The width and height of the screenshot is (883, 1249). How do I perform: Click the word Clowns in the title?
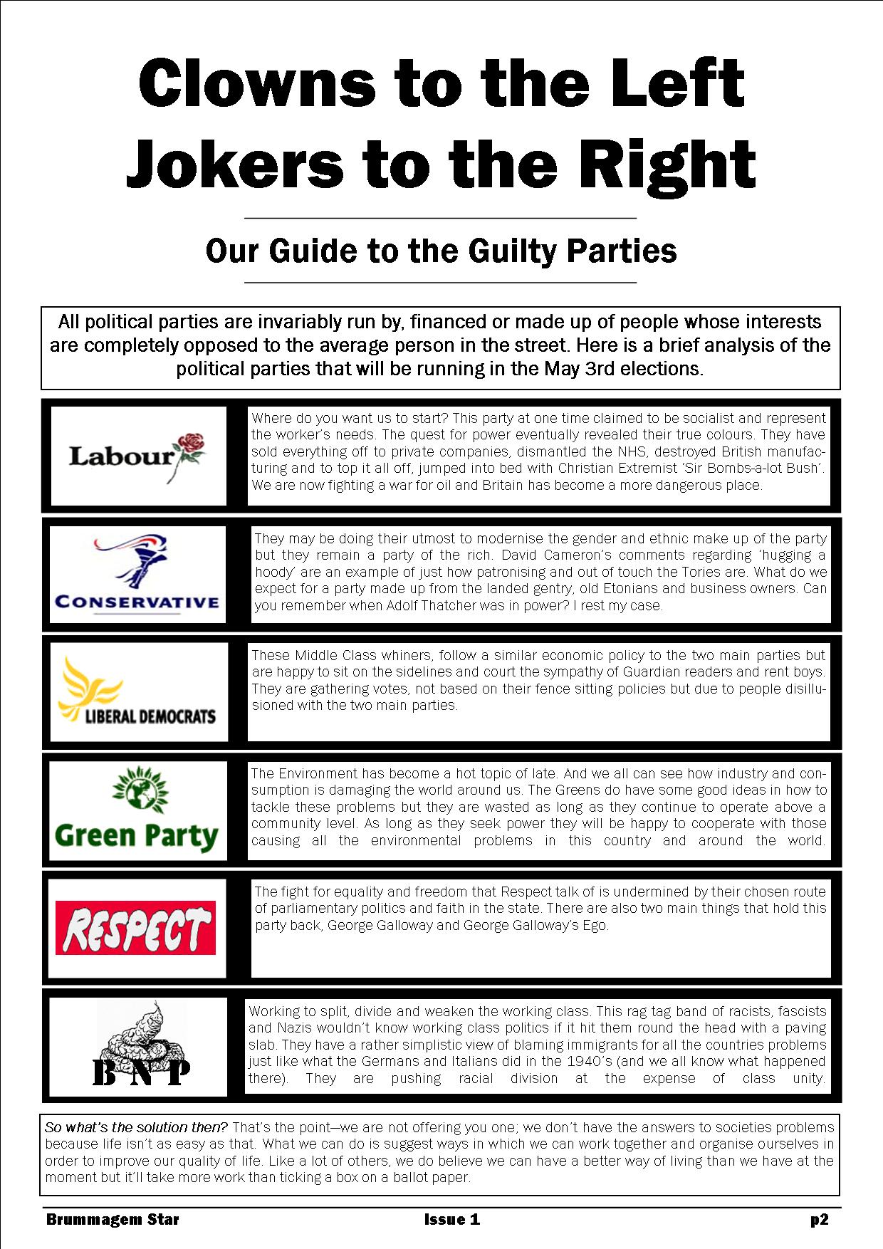tap(256, 84)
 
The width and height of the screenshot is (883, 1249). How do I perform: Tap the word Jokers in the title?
tap(235, 164)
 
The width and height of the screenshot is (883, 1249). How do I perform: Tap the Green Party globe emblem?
tap(139, 791)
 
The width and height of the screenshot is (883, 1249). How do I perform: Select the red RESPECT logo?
tap(135, 928)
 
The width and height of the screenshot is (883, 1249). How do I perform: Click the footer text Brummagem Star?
tap(113, 1219)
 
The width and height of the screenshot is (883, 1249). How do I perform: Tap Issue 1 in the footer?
tap(451, 1219)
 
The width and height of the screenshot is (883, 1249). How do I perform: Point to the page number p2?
tap(819, 1219)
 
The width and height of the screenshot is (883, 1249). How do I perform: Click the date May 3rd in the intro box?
tap(579, 369)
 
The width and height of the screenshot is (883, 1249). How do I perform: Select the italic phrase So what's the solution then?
tap(136, 1127)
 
